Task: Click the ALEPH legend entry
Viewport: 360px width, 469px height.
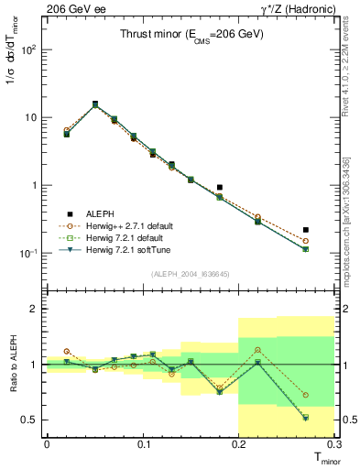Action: click(96, 213)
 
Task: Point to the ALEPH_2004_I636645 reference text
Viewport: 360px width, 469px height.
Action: click(191, 274)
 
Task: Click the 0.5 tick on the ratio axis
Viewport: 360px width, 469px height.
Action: click(33, 420)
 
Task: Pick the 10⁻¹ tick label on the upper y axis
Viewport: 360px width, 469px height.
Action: click(29, 253)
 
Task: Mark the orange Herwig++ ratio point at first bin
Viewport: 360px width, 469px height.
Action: click(67, 351)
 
